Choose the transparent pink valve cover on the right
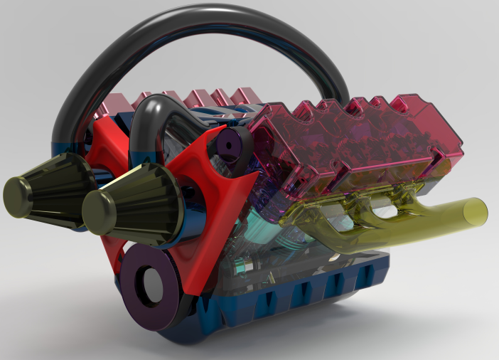pyautogui.click(x=355, y=142)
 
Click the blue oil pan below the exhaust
pyautogui.click(x=320, y=292)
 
